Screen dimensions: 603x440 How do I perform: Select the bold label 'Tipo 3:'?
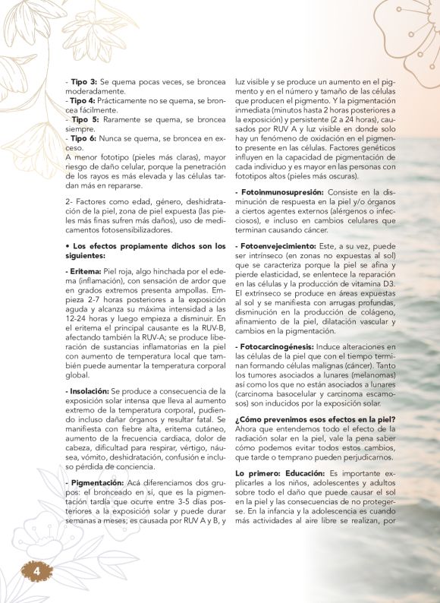tap(83, 81)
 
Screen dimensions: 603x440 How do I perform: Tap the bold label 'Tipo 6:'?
tap(83, 139)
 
